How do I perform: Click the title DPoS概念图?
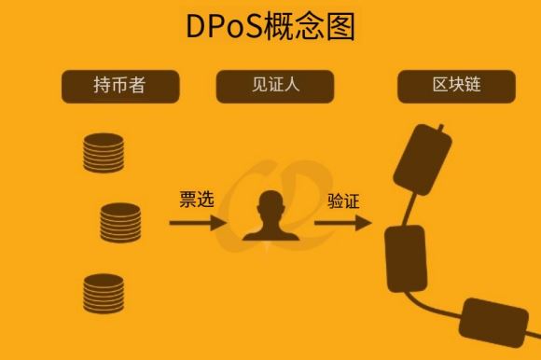pos(270,26)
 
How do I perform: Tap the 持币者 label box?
pos(120,86)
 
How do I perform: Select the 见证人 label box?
pos(274,86)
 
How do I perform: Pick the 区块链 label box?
pos(456,86)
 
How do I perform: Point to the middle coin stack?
pos(121,223)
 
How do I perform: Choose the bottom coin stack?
pos(104,292)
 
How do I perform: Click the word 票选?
pos(197,200)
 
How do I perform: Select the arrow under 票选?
pos(197,223)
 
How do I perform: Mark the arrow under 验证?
pos(342,223)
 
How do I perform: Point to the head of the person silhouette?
pos(270,203)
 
